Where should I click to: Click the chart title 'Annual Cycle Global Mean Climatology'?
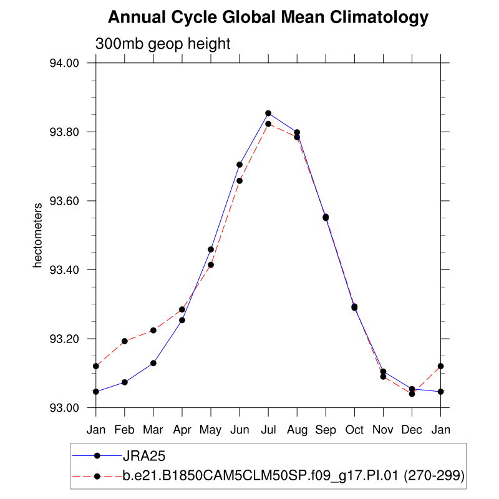click(268, 17)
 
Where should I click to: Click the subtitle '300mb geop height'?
click(163, 44)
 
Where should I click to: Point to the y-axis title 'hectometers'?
click(37, 235)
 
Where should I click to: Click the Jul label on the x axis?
click(268, 430)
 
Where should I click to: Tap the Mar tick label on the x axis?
click(153, 430)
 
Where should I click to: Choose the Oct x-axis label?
click(354, 430)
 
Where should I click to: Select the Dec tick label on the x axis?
click(412, 430)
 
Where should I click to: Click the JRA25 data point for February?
click(125, 382)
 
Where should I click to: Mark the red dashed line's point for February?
click(125, 341)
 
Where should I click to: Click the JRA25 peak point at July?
click(268, 114)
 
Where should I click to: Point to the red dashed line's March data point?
click(153, 330)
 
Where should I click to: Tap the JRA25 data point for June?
click(240, 165)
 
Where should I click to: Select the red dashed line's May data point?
click(211, 264)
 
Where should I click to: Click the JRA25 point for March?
click(153, 363)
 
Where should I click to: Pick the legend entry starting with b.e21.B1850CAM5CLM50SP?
click(293, 476)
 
